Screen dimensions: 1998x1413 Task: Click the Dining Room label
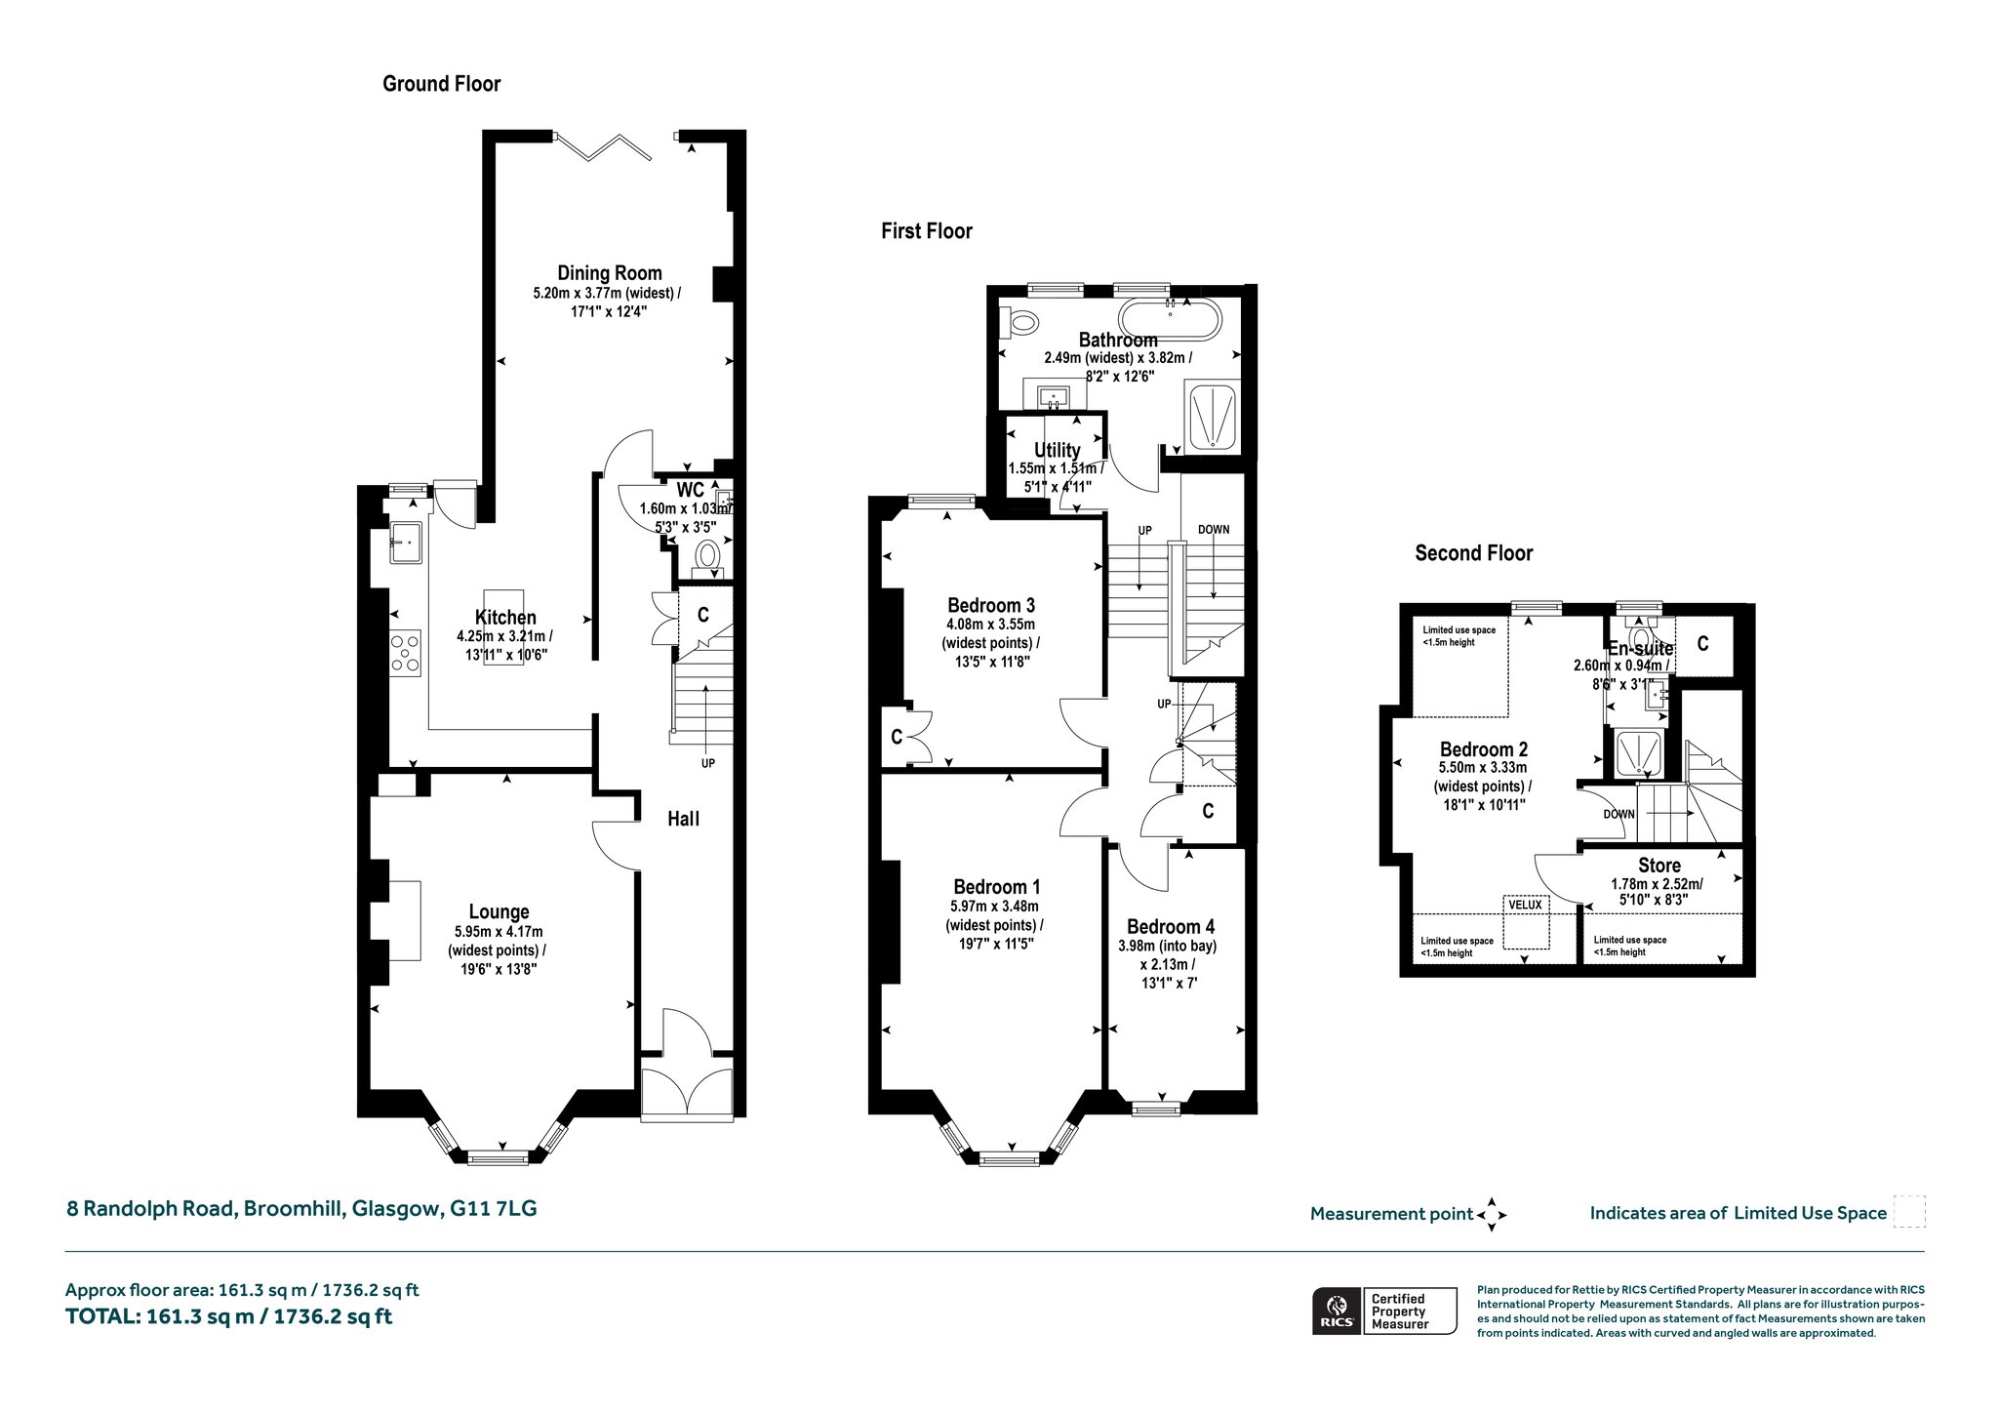click(x=610, y=273)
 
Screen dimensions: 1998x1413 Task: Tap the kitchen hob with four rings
click(x=406, y=652)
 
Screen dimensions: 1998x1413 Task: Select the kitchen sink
click(x=406, y=542)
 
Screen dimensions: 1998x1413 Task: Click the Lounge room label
click(x=499, y=912)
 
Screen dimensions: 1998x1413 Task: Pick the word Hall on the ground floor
click(x=683, y=819)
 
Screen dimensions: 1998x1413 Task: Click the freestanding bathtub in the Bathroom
click(x=1169, y=319)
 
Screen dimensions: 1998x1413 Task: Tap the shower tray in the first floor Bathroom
click(x=1211, y=417)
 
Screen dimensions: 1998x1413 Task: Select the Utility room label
click(x=1057, y=450)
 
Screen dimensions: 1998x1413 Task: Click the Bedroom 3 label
click(x=990, y=605)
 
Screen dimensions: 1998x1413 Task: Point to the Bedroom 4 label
click(x=1171, y=926)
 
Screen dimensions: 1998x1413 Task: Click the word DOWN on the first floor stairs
click(x=1214, y=530)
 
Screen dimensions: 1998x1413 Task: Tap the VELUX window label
click(x=1525, y=905)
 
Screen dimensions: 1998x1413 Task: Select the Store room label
click(x=1658, y=866)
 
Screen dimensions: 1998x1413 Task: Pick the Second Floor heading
click(x=1474, y=553)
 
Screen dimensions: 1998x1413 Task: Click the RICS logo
click(x=1336, y=1310)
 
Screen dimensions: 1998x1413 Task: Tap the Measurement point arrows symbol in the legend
click(x=1492, y=1215)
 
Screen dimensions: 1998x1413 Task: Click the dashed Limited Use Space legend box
click(x=1909, y=1212)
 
